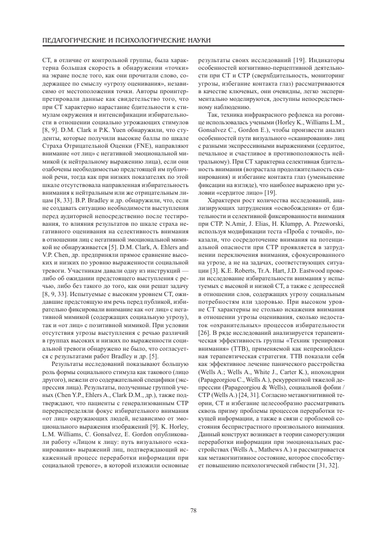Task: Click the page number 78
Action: [x=193, y=510]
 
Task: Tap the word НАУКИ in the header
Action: [x=196, y=41]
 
